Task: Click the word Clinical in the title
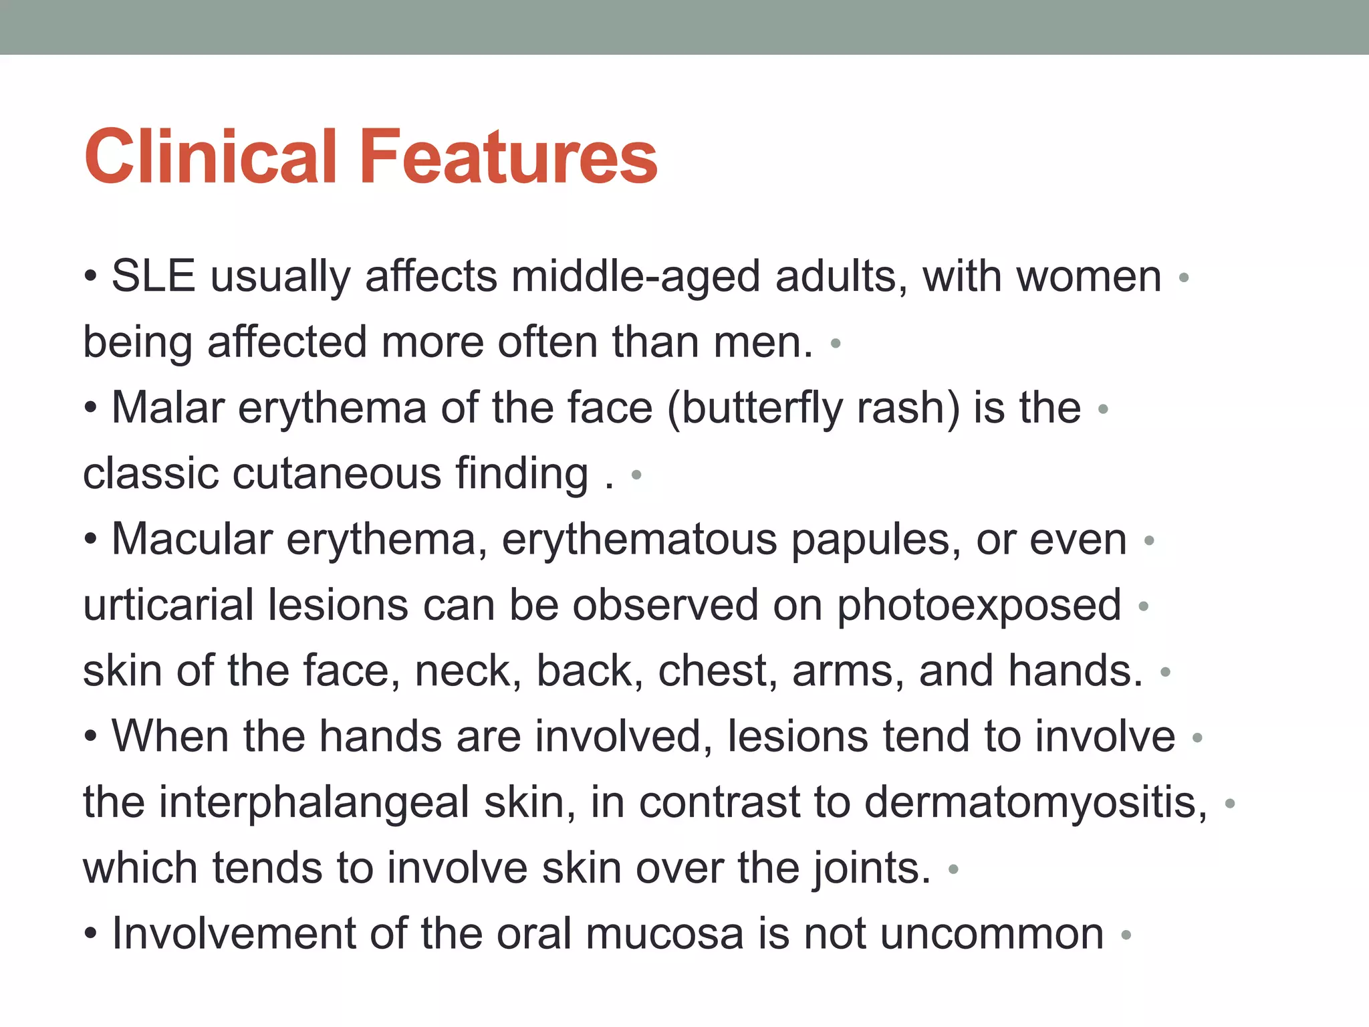(211, 157)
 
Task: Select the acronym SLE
(153, 276)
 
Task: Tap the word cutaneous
(337, 473)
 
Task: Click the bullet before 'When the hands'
(91, 737)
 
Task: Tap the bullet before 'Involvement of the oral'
(91, 934)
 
